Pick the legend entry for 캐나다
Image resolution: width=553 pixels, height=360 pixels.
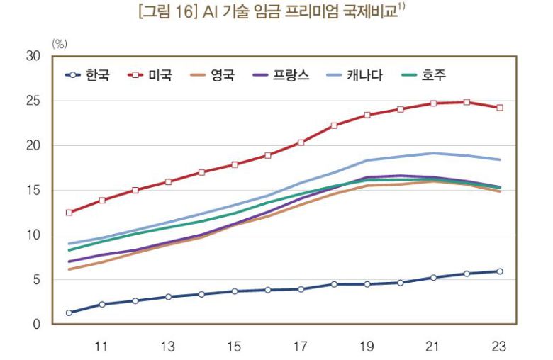click(364, 74)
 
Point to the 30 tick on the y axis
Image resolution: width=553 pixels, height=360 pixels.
click(33, 56)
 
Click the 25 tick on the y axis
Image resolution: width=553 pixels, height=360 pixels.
click(33, 101)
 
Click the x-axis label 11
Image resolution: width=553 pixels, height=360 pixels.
click(101, 347)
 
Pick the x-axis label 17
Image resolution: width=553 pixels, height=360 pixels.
click(301, 347)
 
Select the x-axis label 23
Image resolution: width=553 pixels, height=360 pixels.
click(500, 347)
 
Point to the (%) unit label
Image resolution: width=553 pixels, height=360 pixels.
click(59, 44)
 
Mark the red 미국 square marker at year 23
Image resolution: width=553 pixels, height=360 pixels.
click(500, 108)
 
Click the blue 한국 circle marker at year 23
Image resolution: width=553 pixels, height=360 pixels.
click(500, 271)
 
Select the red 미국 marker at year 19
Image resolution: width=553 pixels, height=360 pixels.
click(367, 115)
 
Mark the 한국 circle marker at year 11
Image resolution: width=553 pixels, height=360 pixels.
click(102, 304)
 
